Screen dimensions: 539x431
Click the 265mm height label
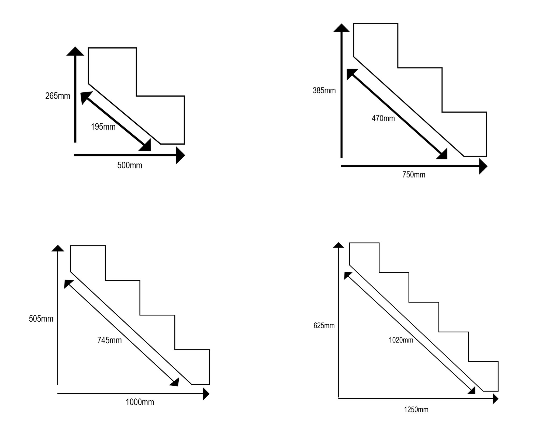tap(58, 96)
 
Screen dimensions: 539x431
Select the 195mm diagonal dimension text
tap(103, 127)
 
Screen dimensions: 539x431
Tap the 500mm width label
tap(130, 165)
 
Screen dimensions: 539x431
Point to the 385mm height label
tap(324, 91)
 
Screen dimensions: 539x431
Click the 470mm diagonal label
tap(383, 118)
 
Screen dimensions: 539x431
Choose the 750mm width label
tap(414, 175)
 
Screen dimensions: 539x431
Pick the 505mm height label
tap(41, 319)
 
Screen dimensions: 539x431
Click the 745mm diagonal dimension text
tap(109, 340)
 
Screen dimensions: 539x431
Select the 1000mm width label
tap(140, 402)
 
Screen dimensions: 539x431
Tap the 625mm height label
tap(324, 326)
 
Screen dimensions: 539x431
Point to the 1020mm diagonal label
tap(401, 340)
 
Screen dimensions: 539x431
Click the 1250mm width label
tap(416, 410)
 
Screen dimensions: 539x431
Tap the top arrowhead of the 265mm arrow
tap(75, 51)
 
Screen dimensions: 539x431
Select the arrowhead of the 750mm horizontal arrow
tap(483, 166)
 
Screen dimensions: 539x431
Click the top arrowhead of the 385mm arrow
tap(341, 28)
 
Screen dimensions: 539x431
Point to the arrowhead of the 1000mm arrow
tap(206, 394)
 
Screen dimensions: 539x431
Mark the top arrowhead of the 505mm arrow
tap(58, 248)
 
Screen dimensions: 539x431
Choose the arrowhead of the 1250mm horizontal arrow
tap(496, 398)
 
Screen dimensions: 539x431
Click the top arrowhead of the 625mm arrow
tap(338, 245)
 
